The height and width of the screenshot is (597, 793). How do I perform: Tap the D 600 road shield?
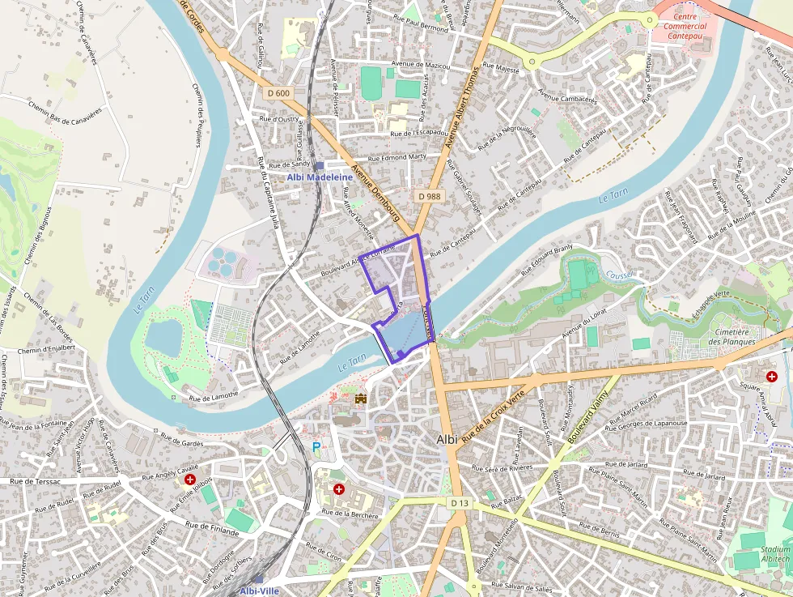coord(278,93)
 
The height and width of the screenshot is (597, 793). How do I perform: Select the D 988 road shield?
coord(430,196)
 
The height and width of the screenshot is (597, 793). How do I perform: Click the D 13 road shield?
coord(460,503)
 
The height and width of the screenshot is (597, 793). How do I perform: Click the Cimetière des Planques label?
coord(732,336)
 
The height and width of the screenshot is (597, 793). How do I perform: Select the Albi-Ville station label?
coord(259,591)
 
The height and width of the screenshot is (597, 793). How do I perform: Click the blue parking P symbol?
coord(316,446)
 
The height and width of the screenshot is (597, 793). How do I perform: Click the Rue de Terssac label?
coord(36,481)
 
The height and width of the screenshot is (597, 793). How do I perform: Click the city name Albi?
coord(447,439)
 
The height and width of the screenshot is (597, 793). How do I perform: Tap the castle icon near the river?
coord(361,399)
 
